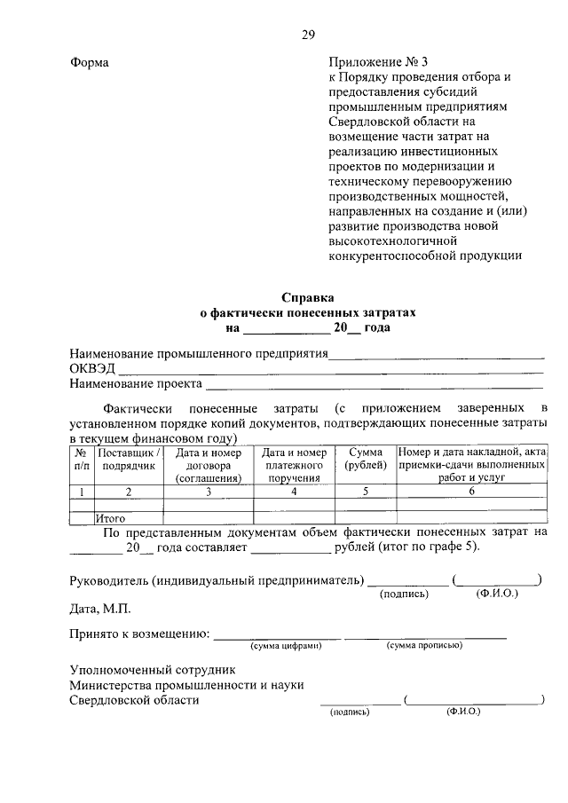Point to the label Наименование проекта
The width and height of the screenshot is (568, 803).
coord(136,384)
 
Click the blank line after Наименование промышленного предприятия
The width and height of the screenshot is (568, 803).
coord(436,355)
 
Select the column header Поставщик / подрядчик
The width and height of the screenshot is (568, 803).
coord(128,458)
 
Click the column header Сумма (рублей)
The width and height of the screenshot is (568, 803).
coord(365,458)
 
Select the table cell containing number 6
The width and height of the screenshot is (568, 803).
coord(471,491)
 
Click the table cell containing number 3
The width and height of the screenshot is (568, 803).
coord(209,491)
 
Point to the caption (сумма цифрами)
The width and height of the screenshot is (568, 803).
coord(283,646)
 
